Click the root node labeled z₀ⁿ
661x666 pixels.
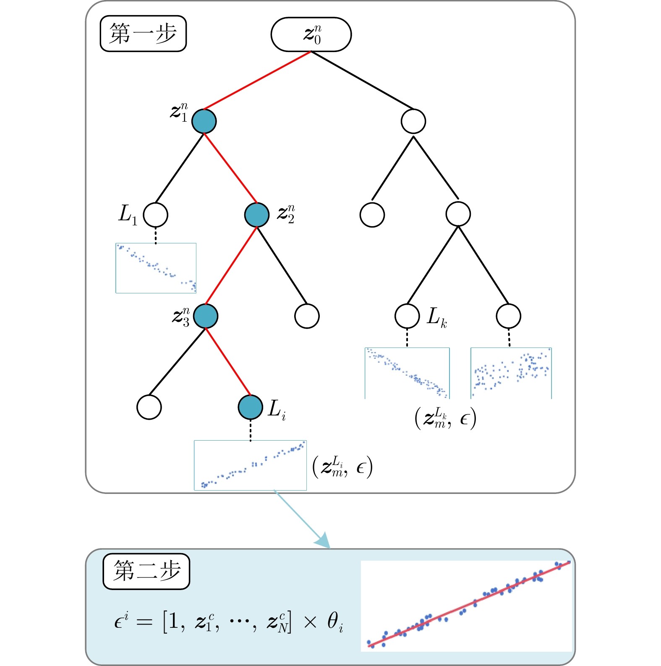coord(311,34)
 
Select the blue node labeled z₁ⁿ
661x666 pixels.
coord(204,121)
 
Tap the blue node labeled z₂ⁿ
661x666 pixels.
coord(256,215)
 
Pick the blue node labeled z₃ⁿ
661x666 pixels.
coord(206,316)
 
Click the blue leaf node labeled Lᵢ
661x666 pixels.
coord(251,407)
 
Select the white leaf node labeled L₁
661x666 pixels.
coord(155,215)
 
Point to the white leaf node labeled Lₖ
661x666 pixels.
coord(407,316)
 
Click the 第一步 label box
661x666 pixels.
coord(143,34)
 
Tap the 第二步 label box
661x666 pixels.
coord(146,571)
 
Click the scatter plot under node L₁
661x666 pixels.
coord(156,268)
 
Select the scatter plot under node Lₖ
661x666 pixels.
coord(407,373)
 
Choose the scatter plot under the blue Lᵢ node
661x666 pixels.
coord(250,465)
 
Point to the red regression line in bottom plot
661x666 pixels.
coord(470,604)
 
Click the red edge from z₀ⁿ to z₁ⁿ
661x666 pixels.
coord(257,80)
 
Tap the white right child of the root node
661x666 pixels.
coord(413,121)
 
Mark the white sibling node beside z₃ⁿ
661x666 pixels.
coord(307,316)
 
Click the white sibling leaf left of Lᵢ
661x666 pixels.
coord(149,407)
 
